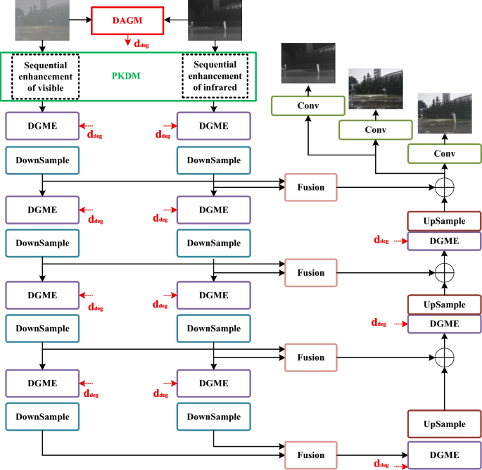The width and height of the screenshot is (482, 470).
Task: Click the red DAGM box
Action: click(x=128, y=21)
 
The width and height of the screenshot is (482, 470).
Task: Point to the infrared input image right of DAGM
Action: click(x=214, y=20)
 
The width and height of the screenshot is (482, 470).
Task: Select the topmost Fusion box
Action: click(x=310, y=187)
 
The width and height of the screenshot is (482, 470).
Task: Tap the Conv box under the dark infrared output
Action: click(x=308, y=106)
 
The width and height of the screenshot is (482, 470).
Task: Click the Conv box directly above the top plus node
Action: click(x=443, y=153)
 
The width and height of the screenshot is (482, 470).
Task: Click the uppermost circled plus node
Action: click(x=443, y=188)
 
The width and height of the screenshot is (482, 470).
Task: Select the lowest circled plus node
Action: click(x=443, y=357)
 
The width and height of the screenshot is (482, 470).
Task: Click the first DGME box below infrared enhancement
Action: click(x=214, y=125)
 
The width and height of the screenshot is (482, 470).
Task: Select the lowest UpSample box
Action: click(x=444, y=424)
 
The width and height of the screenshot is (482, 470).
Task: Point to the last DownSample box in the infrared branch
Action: click(x=214, y=417)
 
